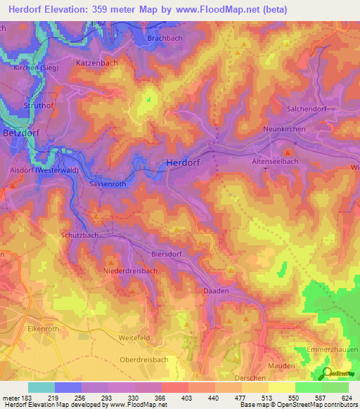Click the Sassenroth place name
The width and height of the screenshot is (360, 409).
click(108, 183)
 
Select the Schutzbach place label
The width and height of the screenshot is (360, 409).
click(79, 236)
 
